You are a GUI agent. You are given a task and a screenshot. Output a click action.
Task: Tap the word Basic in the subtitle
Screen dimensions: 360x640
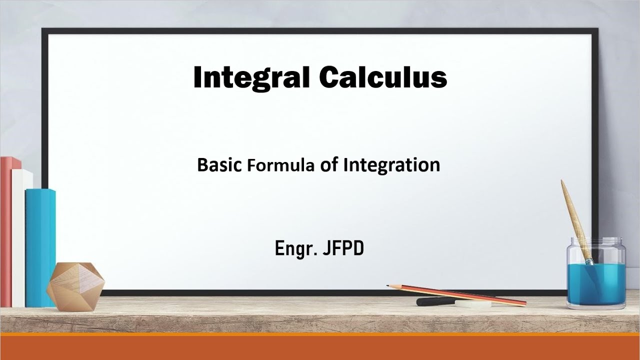pyautogui.click(x=219, y=164)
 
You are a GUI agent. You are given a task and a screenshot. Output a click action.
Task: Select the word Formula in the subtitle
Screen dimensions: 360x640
pyautogui.click(x=280, y=165)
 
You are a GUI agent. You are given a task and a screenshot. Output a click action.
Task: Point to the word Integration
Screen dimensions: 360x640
pyautogui.click(x=391, y=165)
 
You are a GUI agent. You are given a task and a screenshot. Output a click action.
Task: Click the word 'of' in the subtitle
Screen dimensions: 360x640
pyautogui.click(x=329, y=164)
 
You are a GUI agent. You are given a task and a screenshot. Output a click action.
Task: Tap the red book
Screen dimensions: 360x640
pyautogui.click(x=6, y=230)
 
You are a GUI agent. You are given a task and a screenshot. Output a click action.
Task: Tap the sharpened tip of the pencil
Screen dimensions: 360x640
pyautogui.click(x=389, y=286)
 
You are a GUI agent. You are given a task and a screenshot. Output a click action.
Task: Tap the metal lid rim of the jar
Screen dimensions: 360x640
pyautogui.click(x=596, y=241)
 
